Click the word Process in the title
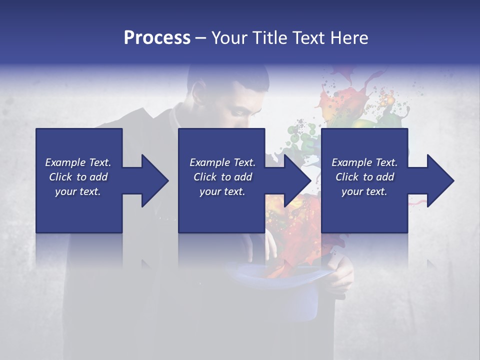click(x=157, y=38)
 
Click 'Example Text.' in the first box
click(x=78, y=162)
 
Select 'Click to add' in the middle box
click(x=222, y=177)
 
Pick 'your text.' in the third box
click(x=364, y=191)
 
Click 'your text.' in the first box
click(x=78, y=191)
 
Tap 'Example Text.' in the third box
click(x=364, y=162)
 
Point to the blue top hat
click(x=280, y=295)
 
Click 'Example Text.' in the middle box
click(x=222, y=162)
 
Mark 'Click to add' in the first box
click(x=78, y=177)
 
